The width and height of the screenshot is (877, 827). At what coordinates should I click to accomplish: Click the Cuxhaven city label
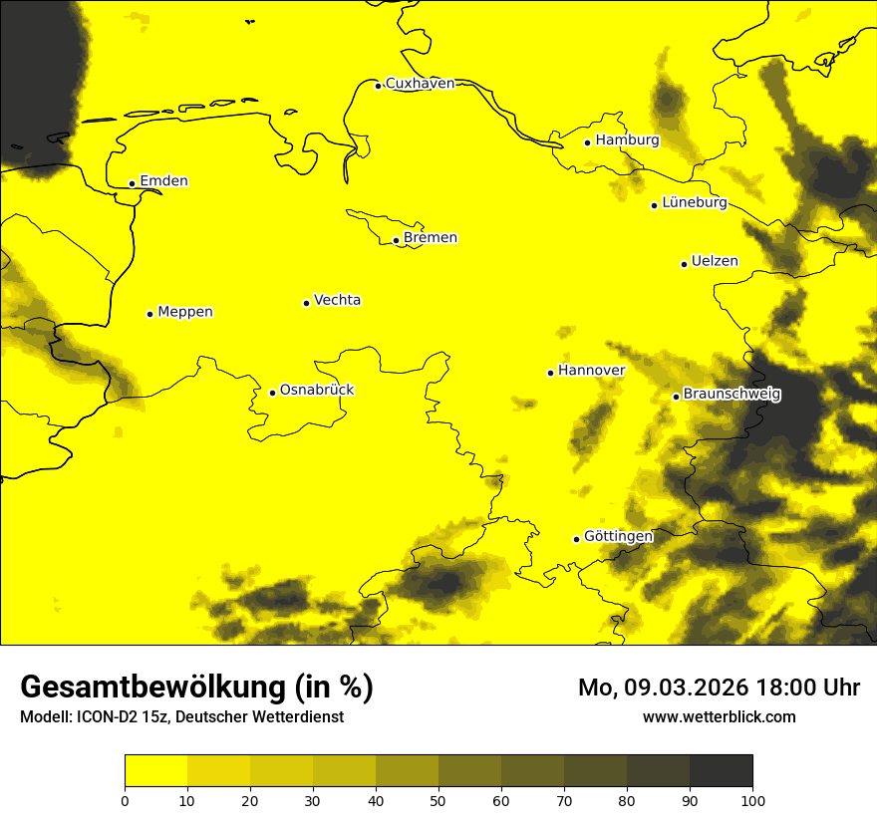(420, 84)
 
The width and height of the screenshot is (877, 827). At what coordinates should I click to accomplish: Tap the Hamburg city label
(627, 140)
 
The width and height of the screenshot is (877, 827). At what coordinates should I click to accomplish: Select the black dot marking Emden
(132, 183)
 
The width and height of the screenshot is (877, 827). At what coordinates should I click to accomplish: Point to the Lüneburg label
(694, 203)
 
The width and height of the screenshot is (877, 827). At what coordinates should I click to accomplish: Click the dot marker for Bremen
(396, 240)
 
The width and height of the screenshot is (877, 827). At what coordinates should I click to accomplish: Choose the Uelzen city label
(715, 262)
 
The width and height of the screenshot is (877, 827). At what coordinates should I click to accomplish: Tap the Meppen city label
(185, 312)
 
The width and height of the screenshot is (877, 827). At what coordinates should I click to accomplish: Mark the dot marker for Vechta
(306, 303)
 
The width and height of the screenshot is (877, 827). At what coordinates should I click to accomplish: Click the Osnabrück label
(317, 391)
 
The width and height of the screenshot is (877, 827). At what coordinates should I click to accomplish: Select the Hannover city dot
(550, 373)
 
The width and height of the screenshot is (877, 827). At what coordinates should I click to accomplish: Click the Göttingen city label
(618, 537)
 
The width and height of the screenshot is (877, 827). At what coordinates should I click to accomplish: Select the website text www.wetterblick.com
(719, 716)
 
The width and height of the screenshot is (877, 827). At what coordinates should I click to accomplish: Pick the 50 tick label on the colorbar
(438, 800)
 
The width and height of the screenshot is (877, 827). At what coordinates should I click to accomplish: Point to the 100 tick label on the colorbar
(752, 800)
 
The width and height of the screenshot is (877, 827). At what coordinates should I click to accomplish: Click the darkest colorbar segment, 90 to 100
(721, 771)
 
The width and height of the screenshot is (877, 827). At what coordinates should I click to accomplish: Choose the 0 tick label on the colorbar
(125, 800)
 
